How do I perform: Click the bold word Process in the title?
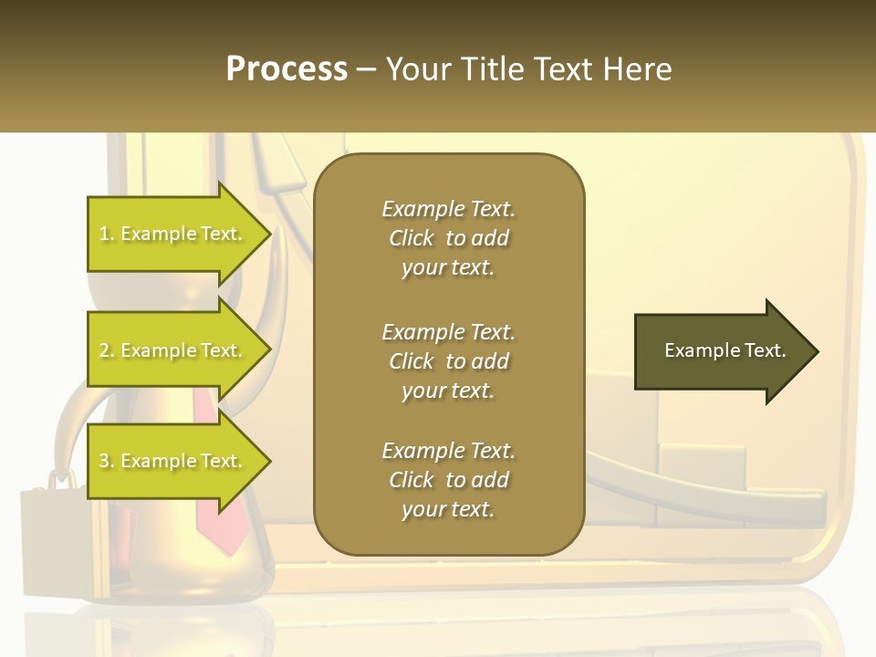[287, 69]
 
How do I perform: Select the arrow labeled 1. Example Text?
[173, 235]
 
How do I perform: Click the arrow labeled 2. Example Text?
[173, 350]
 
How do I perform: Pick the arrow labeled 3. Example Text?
[173, 461]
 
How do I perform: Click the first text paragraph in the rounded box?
[448, 238]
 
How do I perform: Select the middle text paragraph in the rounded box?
[448, 360]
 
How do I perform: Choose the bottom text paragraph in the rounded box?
[448, 480]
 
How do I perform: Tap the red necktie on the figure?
[214, 511]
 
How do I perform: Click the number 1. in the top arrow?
[107, 235]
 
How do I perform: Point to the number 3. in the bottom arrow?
[107, 461]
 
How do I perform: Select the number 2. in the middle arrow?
[107, 350]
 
